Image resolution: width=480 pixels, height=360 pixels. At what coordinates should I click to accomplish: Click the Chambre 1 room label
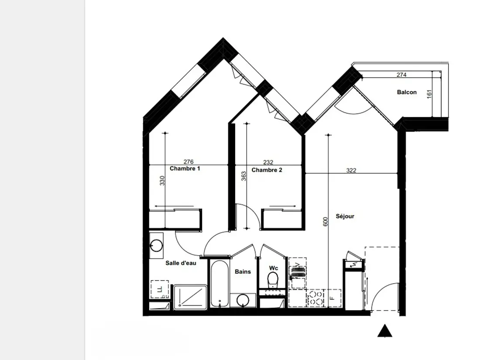pos(185,169)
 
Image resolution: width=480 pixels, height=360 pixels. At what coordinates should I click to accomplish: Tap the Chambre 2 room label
pos(267,170)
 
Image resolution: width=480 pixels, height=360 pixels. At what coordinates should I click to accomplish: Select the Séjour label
pos(345,216)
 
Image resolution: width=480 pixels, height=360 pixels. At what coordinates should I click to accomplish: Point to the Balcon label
pos(407,92)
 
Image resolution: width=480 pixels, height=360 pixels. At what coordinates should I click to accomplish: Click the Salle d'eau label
pos(181,263)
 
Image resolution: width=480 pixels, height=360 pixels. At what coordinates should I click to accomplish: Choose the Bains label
pos(243,271)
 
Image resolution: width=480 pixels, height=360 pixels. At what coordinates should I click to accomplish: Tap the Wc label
pos(273,268)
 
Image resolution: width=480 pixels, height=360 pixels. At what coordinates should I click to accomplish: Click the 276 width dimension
pos(189,161)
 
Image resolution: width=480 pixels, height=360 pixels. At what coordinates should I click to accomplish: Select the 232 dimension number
pos(268,162)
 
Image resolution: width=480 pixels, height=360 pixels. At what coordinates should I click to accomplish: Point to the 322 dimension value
pos(351,171)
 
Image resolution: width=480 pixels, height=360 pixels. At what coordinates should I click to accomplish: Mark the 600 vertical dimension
pos(326,222)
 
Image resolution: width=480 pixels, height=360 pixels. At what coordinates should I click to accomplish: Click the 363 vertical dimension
pos(243,176)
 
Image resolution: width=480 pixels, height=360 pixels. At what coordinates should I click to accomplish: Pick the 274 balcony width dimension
pos(401,75)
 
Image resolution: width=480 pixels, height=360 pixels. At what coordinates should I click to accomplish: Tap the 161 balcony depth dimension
pos(429,94)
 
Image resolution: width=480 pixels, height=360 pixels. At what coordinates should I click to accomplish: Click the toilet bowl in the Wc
pos(273,279)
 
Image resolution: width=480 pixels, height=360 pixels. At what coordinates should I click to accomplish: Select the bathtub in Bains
pos(219,284)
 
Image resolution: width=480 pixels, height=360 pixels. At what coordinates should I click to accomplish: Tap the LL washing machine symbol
pos(159,289)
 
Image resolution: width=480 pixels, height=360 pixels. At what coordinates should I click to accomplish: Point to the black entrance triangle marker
pos(385,332)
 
